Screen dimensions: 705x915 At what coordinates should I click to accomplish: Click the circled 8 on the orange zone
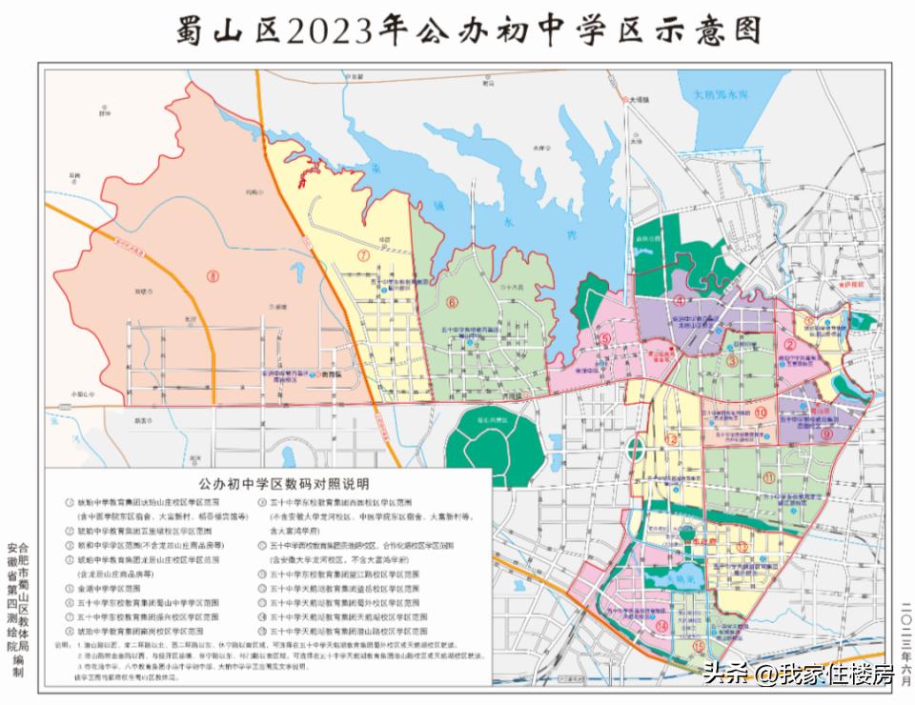[x=212, y=277]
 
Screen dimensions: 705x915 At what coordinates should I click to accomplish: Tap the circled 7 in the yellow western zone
[x=363, y=256]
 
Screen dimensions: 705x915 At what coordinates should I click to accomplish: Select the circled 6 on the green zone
[x=452, y=303]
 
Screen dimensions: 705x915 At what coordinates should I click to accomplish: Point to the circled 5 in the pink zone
[x=605, y=337]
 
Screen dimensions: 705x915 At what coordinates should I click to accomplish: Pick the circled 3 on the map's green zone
[x=732, y=361]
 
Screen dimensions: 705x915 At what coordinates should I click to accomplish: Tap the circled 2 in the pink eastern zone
[x=790, y=346]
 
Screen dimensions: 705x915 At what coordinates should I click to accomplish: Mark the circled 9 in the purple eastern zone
[x=826, y=433]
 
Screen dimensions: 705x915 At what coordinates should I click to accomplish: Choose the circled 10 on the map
[x=761, y=413]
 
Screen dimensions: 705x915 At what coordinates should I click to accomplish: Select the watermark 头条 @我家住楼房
[x=797, y=675]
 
